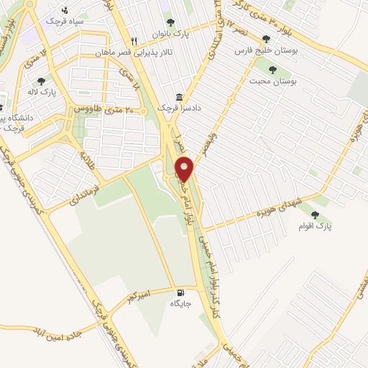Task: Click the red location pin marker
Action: point(185,170)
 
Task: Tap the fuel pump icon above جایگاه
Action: point(180,293)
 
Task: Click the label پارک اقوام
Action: point(314,226)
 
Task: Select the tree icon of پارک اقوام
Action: point(314,213)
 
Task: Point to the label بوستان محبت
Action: point(273,83)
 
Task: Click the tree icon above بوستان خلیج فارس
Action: point(267,39)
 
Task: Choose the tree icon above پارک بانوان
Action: point(170,22)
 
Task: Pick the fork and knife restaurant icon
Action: point(134,40)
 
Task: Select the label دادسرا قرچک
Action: point(176,108)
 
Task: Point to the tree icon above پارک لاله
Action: point(41,81)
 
